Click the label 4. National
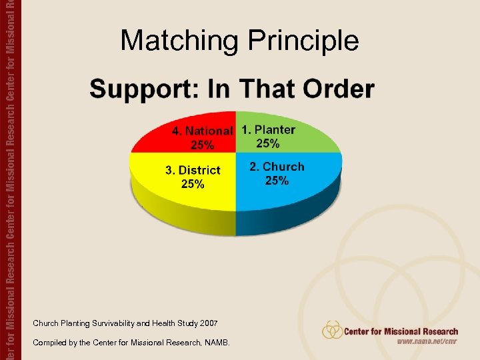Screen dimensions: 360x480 tap(203, 131)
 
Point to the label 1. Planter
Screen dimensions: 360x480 tap(268, 129)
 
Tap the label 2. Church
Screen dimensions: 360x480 tap(277, 167)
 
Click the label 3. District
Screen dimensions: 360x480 tap(193, 170)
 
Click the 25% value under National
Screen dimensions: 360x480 tap(203, 145)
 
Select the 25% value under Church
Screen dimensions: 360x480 tap(277, 181)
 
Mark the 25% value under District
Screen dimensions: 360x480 tap(193, 184)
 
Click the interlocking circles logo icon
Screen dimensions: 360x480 tap(332, 330)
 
